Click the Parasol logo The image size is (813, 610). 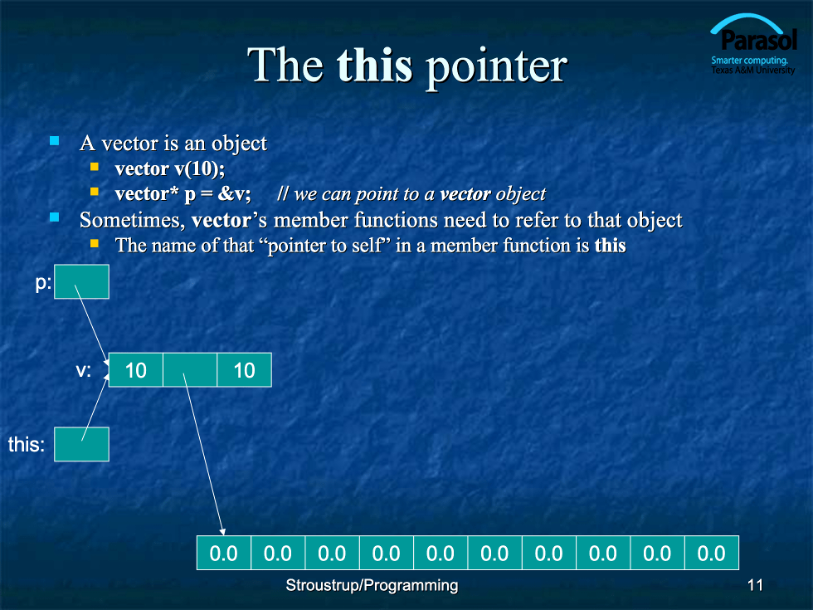click(x=753, y=44)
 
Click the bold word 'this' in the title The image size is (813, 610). click(x=374, y=66)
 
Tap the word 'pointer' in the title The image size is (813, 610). click(x=496, y=67)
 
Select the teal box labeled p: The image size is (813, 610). click(x=81, y=281)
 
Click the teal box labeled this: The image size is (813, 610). click(x=81, y=444)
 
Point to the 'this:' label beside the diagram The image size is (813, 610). click(x=27, y=445)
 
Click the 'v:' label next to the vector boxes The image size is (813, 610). click(x=84, y=370)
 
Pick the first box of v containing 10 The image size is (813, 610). click(x=136, y=370)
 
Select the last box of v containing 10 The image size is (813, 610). click(x=244, y=370)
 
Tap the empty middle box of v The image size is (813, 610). click(x=190, y=370)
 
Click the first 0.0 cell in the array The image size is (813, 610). click(x=224, y=553)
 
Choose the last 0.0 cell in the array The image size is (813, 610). click(x=712, y=553)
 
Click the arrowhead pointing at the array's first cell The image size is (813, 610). click(x=222, y=532)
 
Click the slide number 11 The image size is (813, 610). click(x=755, y=585)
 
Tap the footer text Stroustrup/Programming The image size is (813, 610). click(x=372, y=585)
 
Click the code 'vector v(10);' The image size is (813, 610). click(x=169, y=168)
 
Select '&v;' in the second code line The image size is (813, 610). click(x=234, y=193)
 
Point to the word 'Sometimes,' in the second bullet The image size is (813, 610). click(x=132, y=221)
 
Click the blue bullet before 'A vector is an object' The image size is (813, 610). click(x=55, y=140)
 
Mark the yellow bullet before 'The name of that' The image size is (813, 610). click(x=95, y=243)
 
